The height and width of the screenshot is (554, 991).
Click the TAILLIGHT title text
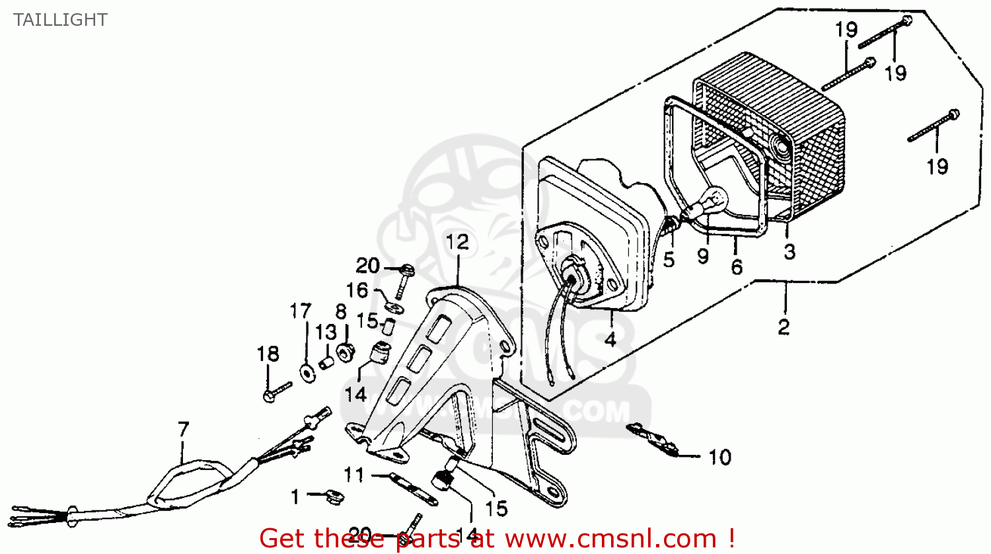[x=60, y=20]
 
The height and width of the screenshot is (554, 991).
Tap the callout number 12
[x=457, y=242]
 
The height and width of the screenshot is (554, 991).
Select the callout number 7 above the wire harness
[x=183, y=430]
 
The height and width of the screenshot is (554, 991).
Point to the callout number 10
[x=719, y=457]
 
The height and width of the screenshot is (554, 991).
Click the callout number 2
[x=784, y=327]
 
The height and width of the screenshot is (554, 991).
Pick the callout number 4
[x=610, y=340]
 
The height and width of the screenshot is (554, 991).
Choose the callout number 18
[x=268, y=354]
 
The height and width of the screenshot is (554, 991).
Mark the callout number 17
[x=300, y=311]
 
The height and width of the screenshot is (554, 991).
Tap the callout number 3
[x=789, y=252]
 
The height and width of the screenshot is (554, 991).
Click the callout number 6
[x=737, y=266]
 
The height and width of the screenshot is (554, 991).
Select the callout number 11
[x=353, y=475]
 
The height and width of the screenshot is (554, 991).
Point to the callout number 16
[x=357, y=290]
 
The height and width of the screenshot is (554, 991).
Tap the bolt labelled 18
[x=277, y=391]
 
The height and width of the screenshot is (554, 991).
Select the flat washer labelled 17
[x=307, y=372]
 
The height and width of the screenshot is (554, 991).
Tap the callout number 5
[x=669, y=259]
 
